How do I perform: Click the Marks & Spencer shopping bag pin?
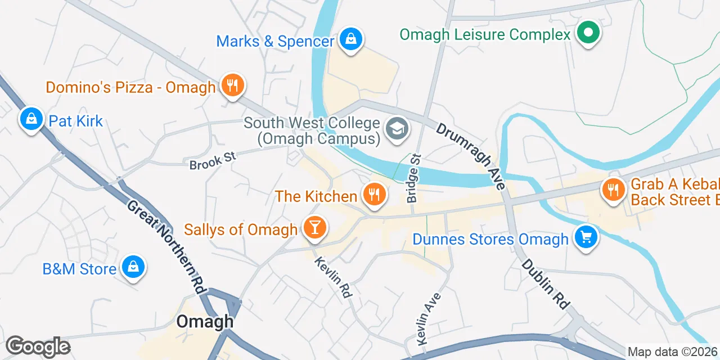350,40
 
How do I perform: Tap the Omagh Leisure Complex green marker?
588,33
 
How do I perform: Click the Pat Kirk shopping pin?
31,119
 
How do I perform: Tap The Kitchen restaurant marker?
373,195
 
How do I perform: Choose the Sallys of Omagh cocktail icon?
313,228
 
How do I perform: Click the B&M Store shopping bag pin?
133,267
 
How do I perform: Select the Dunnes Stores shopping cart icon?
586,237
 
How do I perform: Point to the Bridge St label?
413,178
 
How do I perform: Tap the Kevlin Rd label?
333,277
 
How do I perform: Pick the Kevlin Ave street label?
429,318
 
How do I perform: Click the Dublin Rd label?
544,283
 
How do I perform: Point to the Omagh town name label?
205,321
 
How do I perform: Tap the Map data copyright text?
673,352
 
